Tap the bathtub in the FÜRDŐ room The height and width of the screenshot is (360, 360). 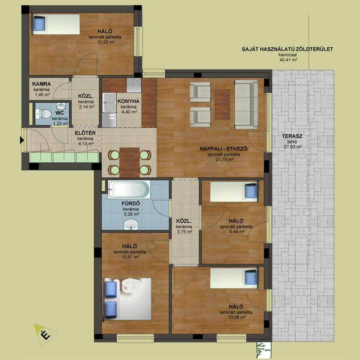click(x=129, y=190)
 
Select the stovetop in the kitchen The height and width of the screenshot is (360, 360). click(x=134, y=85)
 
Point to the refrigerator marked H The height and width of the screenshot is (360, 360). click(x=109, y=120)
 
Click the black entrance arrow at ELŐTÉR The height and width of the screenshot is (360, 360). click(x=22, y=140)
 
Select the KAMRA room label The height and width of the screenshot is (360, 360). click(x=42, y=84)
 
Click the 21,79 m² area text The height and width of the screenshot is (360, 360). click(x=224, y=159)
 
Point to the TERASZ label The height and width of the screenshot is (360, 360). click(x=292, y=136)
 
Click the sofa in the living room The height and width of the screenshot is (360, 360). click(x=246, y=104)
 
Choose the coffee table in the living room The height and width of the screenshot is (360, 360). click(x=222, y=104)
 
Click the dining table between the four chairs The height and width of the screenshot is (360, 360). click(x=130, y=162)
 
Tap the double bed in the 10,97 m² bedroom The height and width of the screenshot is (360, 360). click(x=128, y=299)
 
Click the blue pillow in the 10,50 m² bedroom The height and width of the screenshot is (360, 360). click(x=39, y=24)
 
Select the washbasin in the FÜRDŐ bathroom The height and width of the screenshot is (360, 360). click(x=131, y=224)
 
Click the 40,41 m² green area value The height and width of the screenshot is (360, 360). click(x=288, y=60)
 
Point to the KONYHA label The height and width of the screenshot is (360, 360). click(x=128, y=101)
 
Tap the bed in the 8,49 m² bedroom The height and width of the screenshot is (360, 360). click(x=234, y=192)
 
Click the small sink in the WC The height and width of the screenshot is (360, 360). click(x=61, y=106)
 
